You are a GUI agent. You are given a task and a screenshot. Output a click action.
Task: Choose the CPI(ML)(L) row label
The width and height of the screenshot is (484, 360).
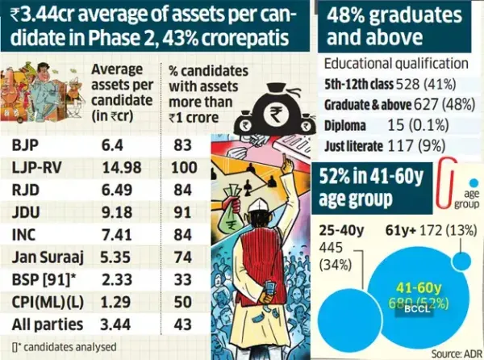(x=47, y=303)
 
